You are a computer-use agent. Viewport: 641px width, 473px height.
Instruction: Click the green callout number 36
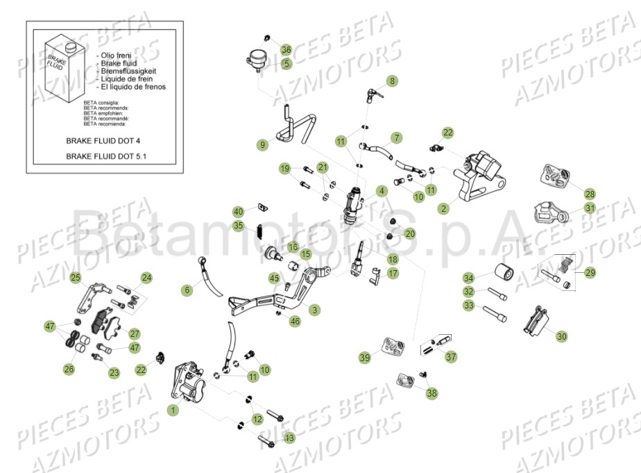point(286,49)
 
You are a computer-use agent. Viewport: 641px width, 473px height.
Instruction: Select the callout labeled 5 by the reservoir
point(287,63)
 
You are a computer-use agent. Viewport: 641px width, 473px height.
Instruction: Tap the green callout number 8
point(393,81)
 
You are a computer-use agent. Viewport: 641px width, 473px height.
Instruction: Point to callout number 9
point(262,145)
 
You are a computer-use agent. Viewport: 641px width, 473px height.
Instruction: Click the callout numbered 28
point(589,194)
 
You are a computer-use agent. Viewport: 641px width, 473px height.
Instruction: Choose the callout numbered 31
point(589,208)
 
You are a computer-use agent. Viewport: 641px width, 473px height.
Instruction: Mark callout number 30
point(561,336)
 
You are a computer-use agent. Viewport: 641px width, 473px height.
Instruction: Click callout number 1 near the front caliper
point(173,410)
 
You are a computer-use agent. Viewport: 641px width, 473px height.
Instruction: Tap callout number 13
point(289,438)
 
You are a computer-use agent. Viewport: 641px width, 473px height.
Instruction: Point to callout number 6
point(187,290)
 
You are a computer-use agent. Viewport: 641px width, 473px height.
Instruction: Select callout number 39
point(365,358)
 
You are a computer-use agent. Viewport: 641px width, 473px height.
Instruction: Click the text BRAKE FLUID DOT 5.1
point(106,156)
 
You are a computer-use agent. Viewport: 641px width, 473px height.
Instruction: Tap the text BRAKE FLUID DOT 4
point(103,140)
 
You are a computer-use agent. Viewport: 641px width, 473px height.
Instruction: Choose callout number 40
point(238,211)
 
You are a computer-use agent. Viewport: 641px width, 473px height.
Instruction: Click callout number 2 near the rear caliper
point(444,208)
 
